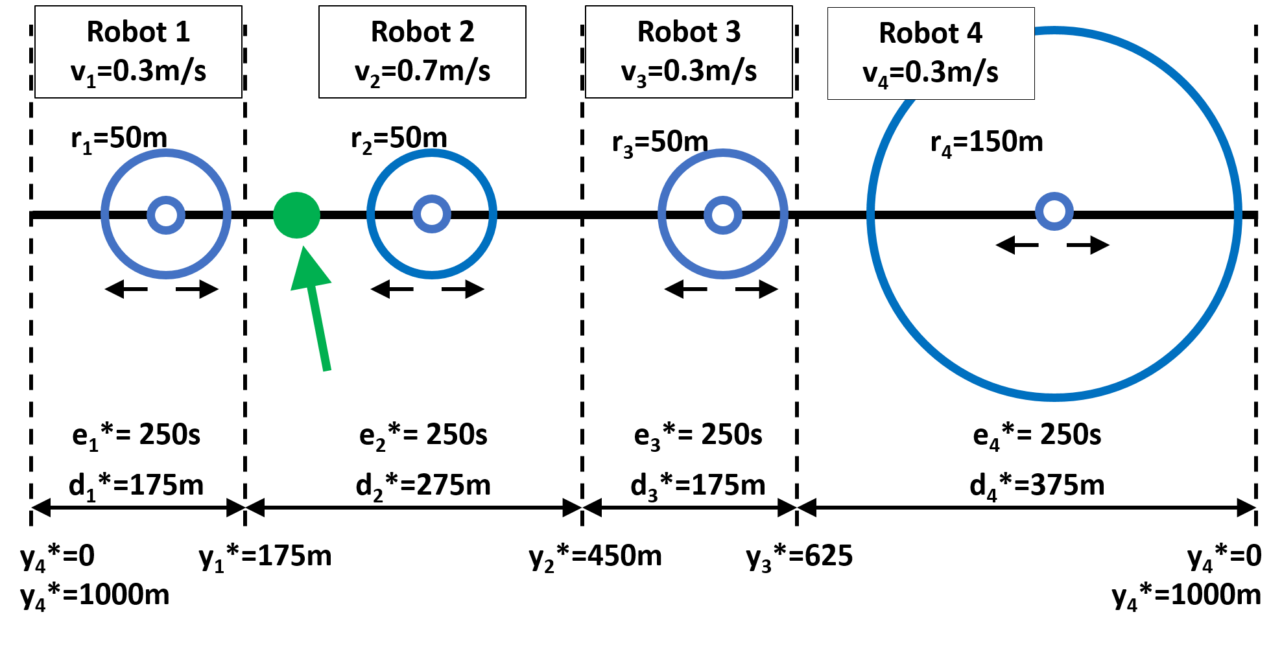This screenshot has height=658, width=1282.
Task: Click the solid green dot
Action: pyautogui.click(x=296, y=215)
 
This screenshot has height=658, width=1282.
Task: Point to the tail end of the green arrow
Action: pyautogui.click(x=327, y=370)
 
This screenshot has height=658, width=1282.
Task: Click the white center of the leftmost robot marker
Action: pyautogui.click(x=166, y=215)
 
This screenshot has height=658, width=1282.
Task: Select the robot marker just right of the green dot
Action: pyautogui.click(x=432, y=214)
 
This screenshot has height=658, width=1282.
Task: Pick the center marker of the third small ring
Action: pyautogui.click(x=723, y=215)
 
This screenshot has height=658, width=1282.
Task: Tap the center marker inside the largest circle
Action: pyautogui.click(x=1054, y=211)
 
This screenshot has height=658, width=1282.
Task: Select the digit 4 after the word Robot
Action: pyautogui.click(x=975, y=33)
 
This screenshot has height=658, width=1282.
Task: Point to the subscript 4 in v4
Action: pyautogui.click(x=883, y=82)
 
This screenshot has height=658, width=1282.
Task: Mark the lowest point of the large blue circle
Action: pyautogui.click(x=1054, y=397)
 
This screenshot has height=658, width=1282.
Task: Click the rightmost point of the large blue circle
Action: pyautogui.click(x=1238, y=213)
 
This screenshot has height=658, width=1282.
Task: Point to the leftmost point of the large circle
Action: pyautogui.click(x=871, y=213)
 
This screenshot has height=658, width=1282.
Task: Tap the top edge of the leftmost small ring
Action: pyautogui.click(x=166, y=153)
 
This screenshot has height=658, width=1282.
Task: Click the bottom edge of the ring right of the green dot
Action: pyautogui.click(x=432, y=275)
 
